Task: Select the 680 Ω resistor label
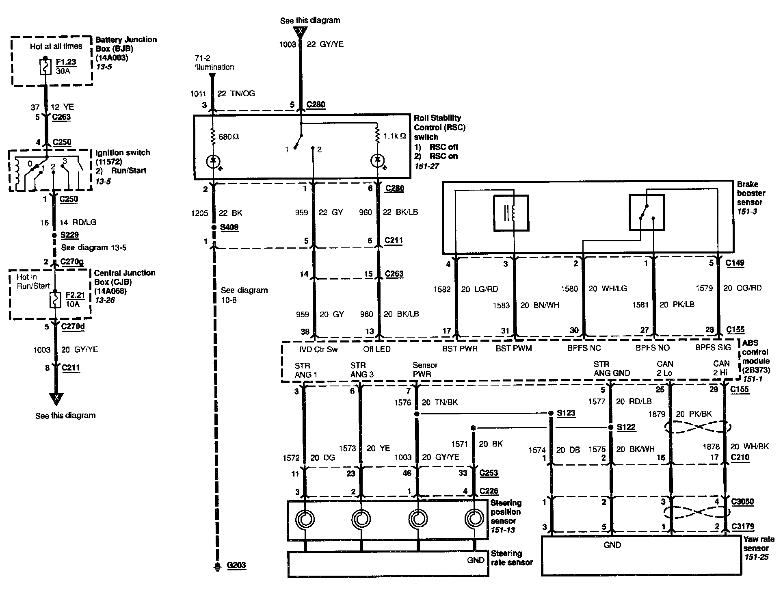229,137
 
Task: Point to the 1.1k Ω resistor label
394,136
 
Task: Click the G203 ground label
236,565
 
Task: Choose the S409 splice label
229,227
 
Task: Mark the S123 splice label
566,413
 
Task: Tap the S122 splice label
626,427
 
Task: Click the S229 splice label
69,235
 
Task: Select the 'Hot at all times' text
56,46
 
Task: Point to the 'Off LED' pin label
377,349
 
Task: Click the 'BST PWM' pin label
513,349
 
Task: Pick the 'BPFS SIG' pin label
713,347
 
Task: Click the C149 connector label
735,262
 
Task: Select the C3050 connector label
742,501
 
